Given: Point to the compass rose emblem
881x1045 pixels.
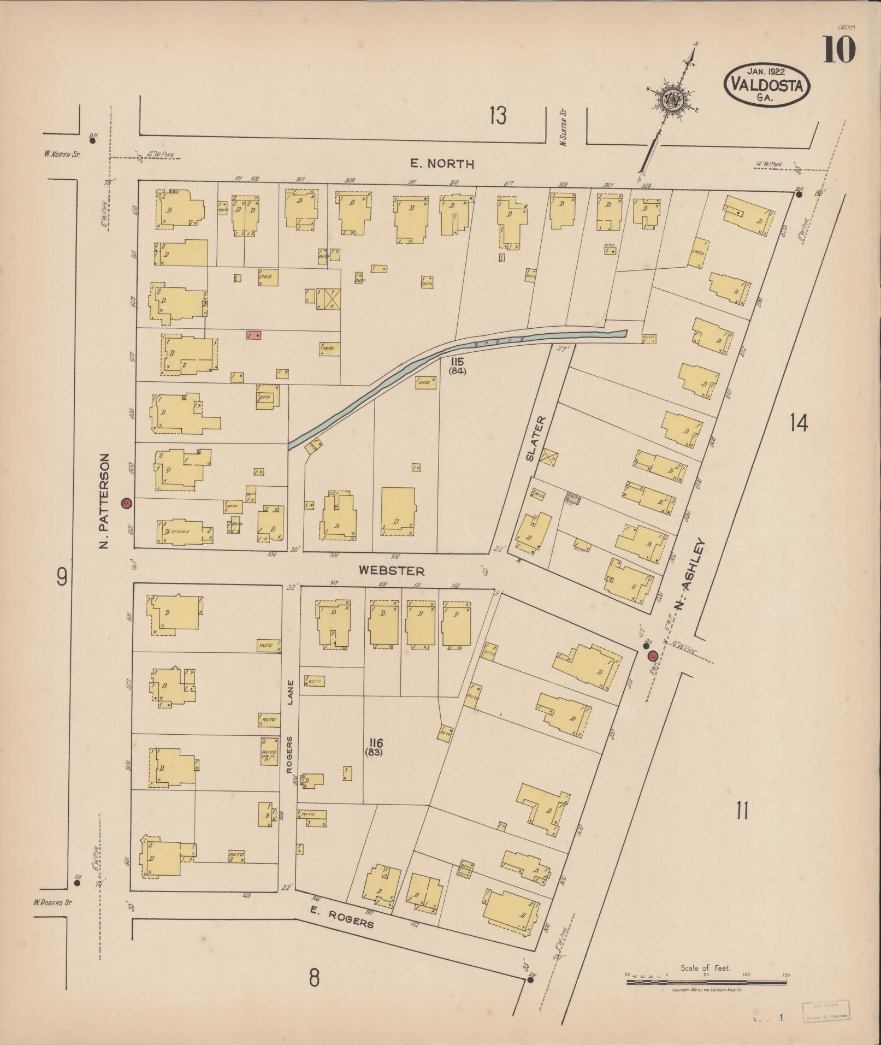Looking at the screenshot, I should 672,100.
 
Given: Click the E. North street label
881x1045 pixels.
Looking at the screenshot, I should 442,163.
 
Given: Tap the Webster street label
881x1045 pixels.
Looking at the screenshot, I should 391,571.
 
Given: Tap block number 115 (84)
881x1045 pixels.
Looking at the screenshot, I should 457,366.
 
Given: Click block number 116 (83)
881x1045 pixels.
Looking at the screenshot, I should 376,747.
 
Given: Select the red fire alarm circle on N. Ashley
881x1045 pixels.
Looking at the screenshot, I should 652,656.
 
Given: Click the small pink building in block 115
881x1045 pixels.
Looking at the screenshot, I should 253,335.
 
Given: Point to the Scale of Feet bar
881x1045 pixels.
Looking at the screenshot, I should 707,982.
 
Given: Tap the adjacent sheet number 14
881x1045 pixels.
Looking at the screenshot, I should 799,422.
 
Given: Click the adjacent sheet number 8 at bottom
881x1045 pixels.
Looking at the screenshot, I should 314,978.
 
